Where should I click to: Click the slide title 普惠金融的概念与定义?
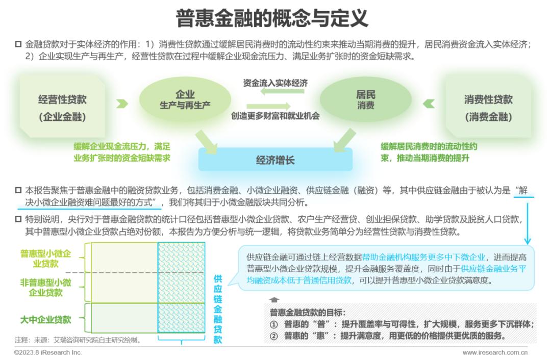pyautogui.click(x=271, y=18)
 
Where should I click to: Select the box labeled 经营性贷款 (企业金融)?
pyautogui.click(x=63, y=107)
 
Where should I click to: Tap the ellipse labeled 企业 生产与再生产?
pyautogui.click(x=185, y=99)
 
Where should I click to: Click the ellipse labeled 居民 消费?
pyautogui.click(x=365, y=99)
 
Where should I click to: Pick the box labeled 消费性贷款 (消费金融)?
pyautogui.click(x=488, y=107)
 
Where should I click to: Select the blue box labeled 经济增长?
pyautogui.click(x=275, y=160)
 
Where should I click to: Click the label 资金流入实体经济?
pyautogui.click(x=275, y=83)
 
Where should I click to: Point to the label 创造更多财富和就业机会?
pyautogui.click(x=275, y=116)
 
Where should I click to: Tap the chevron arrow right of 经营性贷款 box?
pyautogui.click(x=122, y=104)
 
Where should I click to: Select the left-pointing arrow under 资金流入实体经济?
pyautogui.click(x=282, y=91)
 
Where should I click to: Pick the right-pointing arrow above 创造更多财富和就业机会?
pyautogui.click(x=268, y=106)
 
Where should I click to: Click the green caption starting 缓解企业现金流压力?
pyautogui.click(x=122, y=152)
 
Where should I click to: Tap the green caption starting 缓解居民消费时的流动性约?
pyautogui.click(x=429, y=152)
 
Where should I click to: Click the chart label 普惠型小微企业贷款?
pyautogui.click(x=46, y=259)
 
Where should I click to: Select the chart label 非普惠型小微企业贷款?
pyautogui.click(x=46, y=287)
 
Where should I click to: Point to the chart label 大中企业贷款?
pyautogui.click(x=46, y=320)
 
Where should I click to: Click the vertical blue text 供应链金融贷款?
pyautogui.click(x=218, y=309)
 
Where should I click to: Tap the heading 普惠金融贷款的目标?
pyautogui.click(x=308, y=312)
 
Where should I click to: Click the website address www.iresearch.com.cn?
pyautogui.click(x=495, y=353)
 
